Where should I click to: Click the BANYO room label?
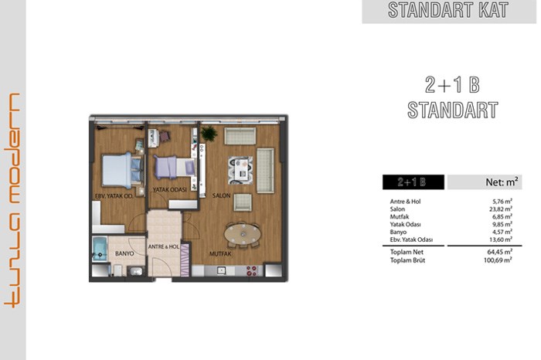124,253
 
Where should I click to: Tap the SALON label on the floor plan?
221,195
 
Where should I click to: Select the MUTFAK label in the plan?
220,254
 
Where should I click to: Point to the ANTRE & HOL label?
164,247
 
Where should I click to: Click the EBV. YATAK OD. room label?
114,196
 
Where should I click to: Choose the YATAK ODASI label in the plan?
170,189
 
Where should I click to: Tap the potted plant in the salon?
209,134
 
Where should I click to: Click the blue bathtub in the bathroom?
100,250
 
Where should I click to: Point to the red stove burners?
251,270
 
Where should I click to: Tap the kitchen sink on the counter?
221,270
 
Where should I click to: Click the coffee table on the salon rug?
241,170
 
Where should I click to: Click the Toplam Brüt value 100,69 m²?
498,260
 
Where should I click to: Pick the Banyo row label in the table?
398,232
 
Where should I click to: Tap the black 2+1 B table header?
413,182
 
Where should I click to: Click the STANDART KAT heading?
448,10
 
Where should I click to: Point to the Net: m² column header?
502,182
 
